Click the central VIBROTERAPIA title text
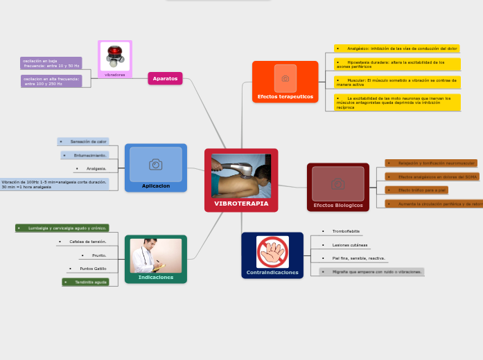click(241, 204)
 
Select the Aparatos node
click(165, 79)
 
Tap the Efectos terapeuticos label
click(285, 97)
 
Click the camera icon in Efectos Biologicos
click(338, 183)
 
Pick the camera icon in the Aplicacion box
click(156, 164)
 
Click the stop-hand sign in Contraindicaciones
click(272, 251)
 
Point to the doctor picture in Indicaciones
click(156, 255)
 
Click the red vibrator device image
click(115, 56)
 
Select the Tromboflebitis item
click(346, 231)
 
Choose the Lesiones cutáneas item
click(350, 244)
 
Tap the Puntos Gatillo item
click(93, 268)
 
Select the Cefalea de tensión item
click(87, 242)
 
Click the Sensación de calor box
click(84, 141)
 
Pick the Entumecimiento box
click(86, 155)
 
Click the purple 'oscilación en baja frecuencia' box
click(51, 63)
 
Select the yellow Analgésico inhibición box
click(397, 49)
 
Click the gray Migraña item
click(372, 272)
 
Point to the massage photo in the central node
click(241, 176)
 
